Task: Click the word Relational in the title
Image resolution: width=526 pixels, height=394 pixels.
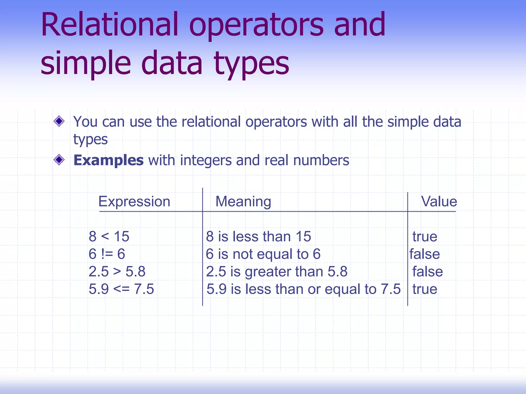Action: [109, 25]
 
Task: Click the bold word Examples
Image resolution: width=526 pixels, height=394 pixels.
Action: [108, 160]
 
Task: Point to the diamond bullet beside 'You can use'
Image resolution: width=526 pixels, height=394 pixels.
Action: [59, 121]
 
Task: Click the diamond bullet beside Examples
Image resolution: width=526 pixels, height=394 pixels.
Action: [59, 160]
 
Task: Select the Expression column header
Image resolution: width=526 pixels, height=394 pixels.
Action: [134, 201]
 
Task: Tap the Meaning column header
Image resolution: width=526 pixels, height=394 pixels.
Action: [243, 201]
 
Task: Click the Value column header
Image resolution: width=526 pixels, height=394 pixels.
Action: [439, 201]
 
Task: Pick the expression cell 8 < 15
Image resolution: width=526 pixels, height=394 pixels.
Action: [109, 236]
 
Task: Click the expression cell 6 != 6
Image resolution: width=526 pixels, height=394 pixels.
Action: [107, 254]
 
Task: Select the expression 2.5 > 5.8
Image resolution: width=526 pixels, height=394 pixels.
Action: [117, 271]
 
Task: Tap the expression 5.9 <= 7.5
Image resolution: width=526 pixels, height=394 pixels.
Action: [121, 289]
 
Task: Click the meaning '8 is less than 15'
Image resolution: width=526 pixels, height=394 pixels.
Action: [258, 236]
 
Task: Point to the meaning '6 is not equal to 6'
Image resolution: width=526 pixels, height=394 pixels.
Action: [263, 254]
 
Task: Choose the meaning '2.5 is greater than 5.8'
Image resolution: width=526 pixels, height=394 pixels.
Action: [277, 271]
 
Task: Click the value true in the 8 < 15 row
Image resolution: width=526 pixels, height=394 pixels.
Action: [425, 236]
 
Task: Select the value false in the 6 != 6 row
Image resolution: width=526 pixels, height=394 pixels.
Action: [425, 254]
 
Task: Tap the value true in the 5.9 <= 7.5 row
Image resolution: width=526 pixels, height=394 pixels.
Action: [425, 289]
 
